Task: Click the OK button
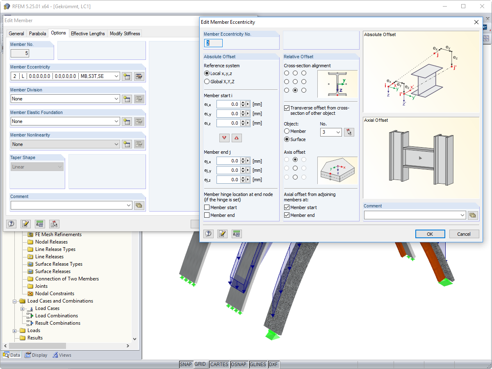pyautogui.click(x=430, y=234)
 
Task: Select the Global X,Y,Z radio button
pyautogui.click(x=207, y=82)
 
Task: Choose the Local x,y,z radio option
pyautogui.click(x=207, y=73)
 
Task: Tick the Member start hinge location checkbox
pyautogui.click(x=207, y=207)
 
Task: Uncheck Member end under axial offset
pyautogui.click(x=287, y=215)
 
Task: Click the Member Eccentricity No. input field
pyautogui.click(x=214, y=43)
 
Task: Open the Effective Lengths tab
pyautogui.click(x=88, y=34)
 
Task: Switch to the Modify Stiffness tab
pyautogui.click(x=125, y=34)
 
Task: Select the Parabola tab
pyautogui.click(x=37, y=34)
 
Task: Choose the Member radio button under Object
pyautogui.click(x=287, y=131)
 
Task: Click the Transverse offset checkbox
pyautogui.click(x=287, y=108)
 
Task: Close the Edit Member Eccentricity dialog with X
pyautogui.click(x=476, y=22)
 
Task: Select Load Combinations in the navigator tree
pyautogui.click(x=56, y=316)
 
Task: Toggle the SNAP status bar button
pyautogui.click(x=186, y=364)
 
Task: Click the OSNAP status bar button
pyautogui.click(x=239, y=364)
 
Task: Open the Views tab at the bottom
pyautogui.click(x=62, y=355)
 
